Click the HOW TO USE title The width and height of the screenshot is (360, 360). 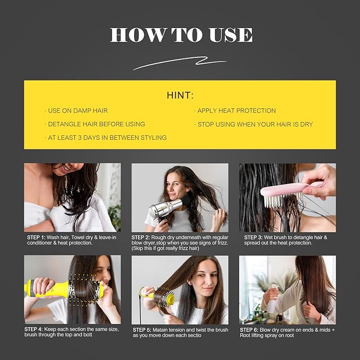click(x=180, y=34)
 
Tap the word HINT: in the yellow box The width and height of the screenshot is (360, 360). click(x=180, y=96)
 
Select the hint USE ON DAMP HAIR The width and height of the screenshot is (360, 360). click(x=77, y=111)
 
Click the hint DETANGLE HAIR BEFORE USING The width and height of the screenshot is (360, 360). click(x=96, y=124)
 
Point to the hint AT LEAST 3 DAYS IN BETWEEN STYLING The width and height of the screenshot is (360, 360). click(x=107, y=138)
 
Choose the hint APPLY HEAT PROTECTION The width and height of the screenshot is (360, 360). click(x=236, y=111)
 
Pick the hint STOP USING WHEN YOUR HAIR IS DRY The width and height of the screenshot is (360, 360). click(x=255, y=124)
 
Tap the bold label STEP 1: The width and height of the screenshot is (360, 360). click(x=38, y=237)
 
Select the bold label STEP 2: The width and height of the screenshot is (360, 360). click(x=144, y=237)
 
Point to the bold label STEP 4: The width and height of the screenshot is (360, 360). click(x=38, y=329)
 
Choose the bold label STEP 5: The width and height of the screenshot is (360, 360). click(x=144, y=329)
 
